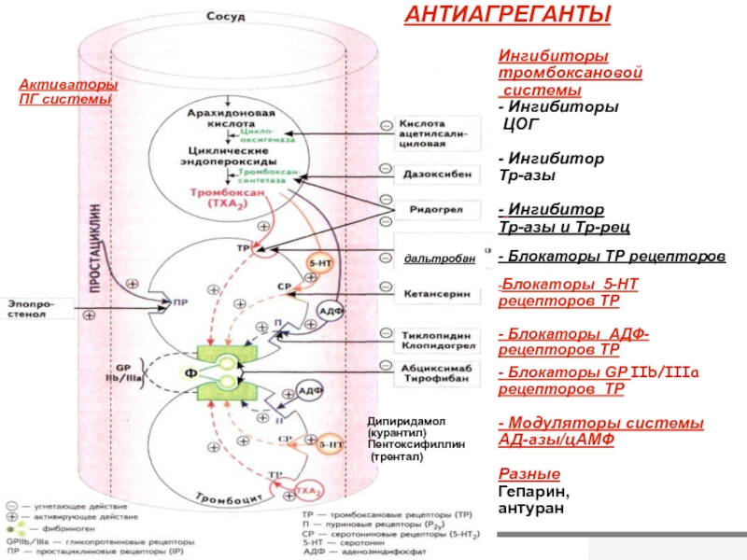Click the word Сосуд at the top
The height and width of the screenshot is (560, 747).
(227, 17)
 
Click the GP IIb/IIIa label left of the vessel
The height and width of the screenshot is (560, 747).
(129, 371)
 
